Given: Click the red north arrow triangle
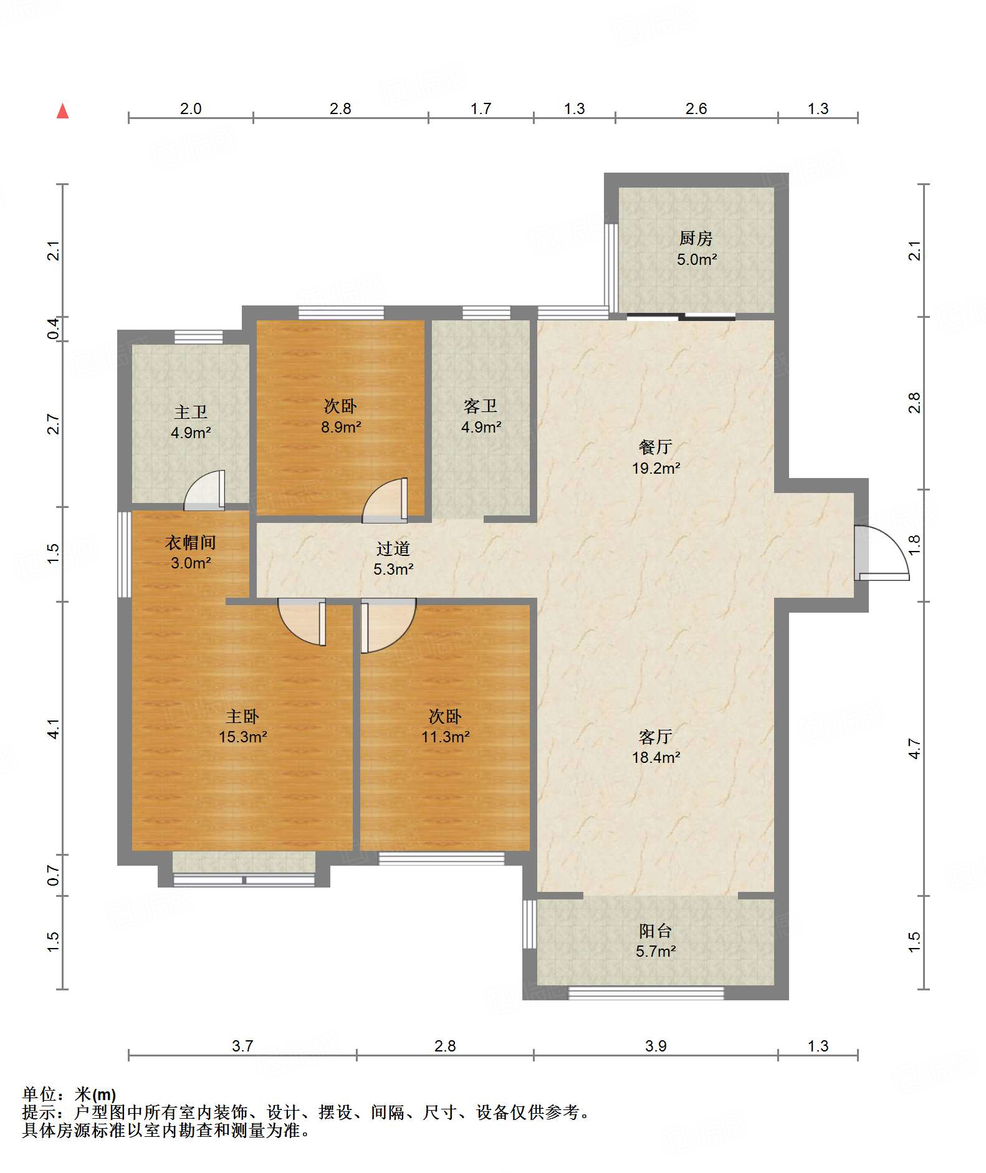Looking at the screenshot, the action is [x=62, y=111].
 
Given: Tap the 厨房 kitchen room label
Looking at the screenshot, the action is [x=696, y=238].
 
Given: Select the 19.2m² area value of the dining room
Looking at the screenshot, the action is [x=656, y=468].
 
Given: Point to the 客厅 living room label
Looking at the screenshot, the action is [x=656, y=737].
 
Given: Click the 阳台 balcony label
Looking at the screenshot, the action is [x=656, y=931].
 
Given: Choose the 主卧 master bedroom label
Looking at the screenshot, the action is [x=242, y=716].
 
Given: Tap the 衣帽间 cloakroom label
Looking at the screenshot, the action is [x=191, y=542].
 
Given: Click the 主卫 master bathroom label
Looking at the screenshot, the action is [x=191, y=412].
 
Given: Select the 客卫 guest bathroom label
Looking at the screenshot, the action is [x=481, y=406].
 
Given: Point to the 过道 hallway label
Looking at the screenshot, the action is [x=393, y=548].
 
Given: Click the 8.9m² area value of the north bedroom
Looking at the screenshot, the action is [x=341, y=427].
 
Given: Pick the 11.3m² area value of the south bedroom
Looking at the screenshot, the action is [x=445, y=737].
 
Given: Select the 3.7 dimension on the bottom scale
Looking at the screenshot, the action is [x=242, y=1046].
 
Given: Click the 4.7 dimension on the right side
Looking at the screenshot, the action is [x=914, y=749].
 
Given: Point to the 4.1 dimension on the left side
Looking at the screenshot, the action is [x=54, y=729].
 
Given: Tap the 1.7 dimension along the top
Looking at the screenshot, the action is [x=481, y=108].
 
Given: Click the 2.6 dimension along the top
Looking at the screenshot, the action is [x=696, y=108].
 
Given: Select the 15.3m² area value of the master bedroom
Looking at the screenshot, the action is [x=242, y=737].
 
